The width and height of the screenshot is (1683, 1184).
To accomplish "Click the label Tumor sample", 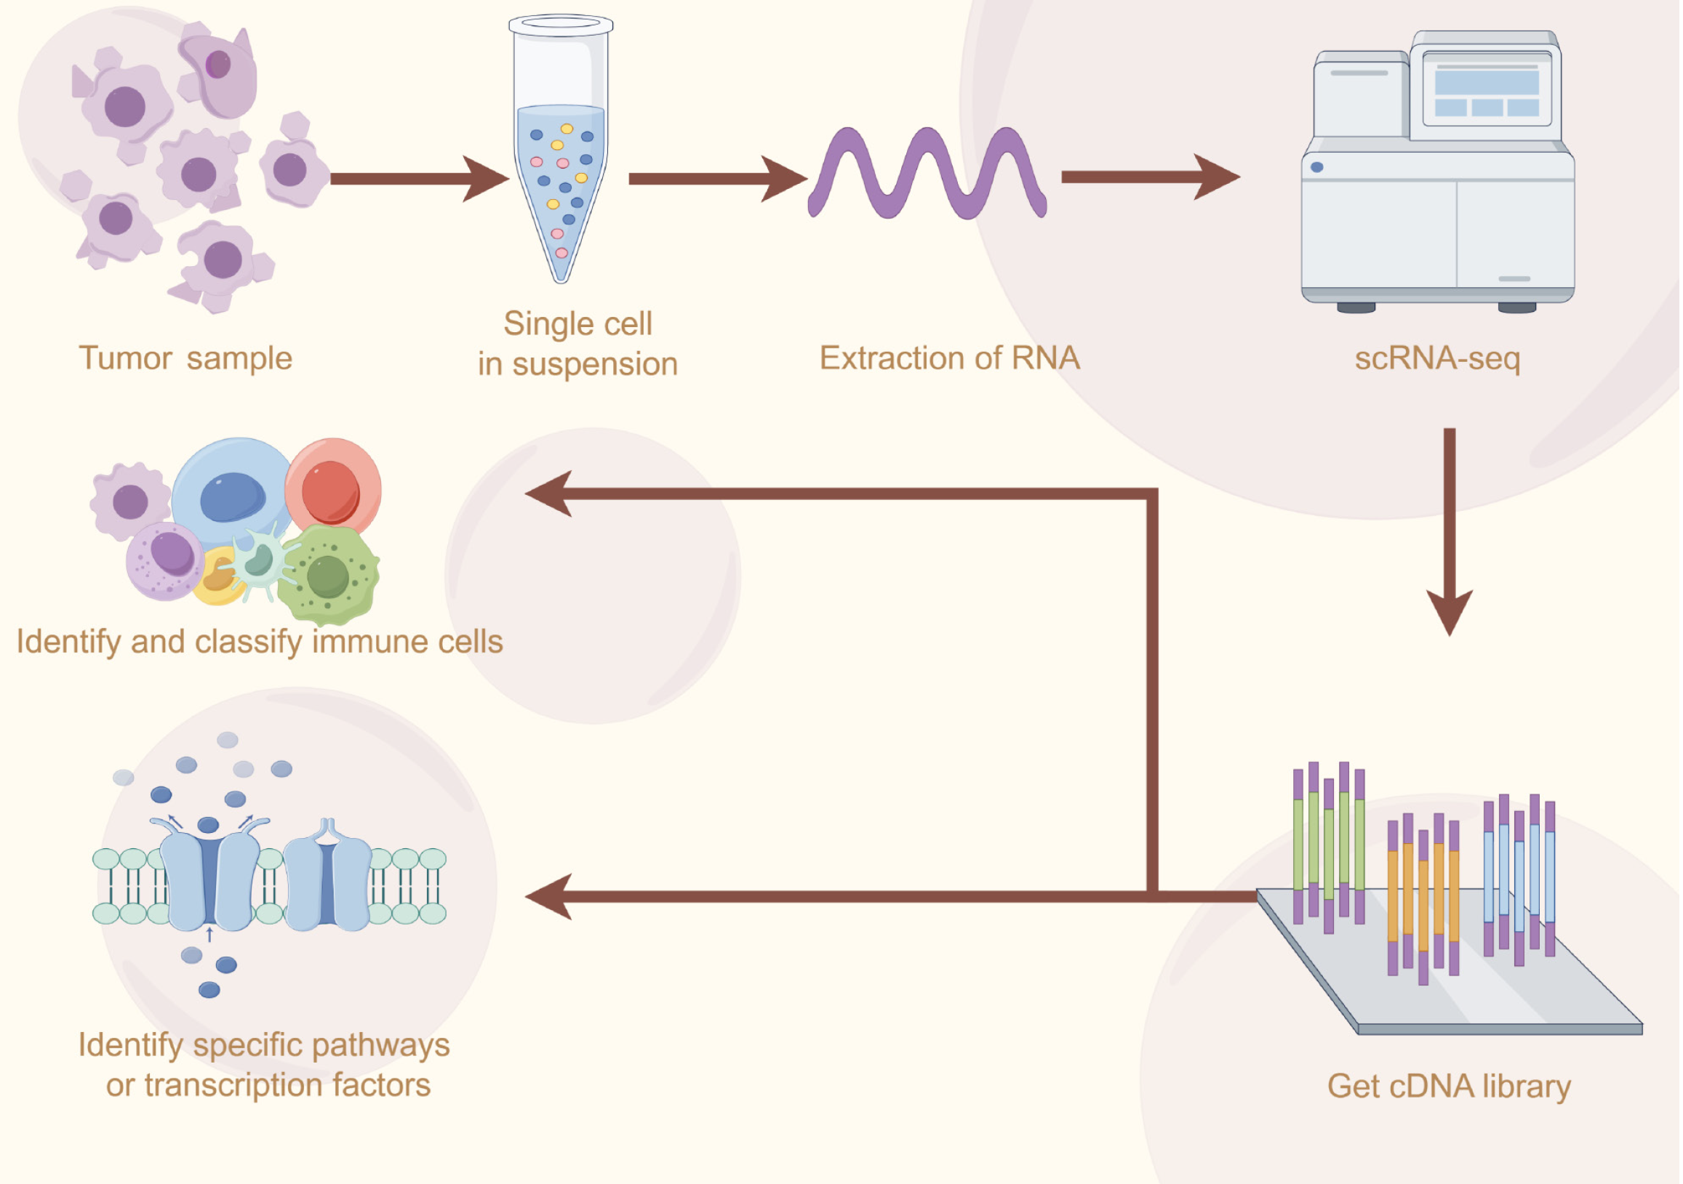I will coord(185,359).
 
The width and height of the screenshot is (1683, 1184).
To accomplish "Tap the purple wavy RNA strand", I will coord(928,174).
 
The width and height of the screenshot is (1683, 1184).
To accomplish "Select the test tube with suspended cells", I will coord(561,154).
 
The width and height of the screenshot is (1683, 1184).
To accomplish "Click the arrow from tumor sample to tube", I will coord(417,179).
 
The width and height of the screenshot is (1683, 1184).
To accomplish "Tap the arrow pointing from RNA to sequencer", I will coord(1151,177).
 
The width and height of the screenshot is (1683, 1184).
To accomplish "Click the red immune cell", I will coord(334,488).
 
